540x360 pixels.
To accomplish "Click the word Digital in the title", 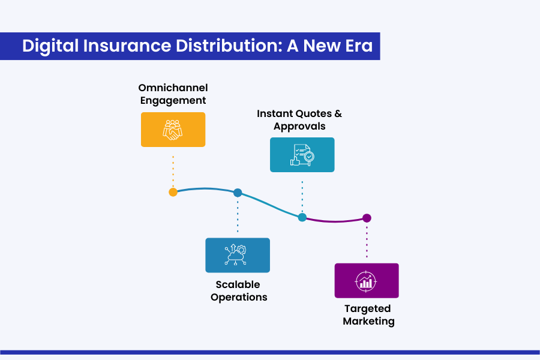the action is (x=50, y=46).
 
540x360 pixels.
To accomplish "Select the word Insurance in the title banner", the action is (x=127, y=46).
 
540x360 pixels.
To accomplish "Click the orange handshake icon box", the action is (x=173, y=130).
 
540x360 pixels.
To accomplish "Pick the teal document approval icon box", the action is (x=302, y=155).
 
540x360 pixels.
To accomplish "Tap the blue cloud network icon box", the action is (x=238, y=255).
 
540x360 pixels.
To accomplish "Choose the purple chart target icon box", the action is (x=367, y=281).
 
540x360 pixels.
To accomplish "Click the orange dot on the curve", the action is (x=173, y=192).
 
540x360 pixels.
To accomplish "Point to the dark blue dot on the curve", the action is (x=238, y=193).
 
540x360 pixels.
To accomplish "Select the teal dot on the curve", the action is (x=302, y=217).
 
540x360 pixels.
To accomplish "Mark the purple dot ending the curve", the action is (x=367, y=218).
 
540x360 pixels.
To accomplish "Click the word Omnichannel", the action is (x=173, y=88).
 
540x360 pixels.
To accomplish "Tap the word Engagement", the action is (x=173, y=101).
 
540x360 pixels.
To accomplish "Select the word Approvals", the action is (x=299, y=127).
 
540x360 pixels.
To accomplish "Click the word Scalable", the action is (x=238, y=284).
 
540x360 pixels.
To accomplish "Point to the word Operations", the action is (x=239, y=298).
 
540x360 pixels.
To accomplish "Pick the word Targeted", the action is (x=367, y=308).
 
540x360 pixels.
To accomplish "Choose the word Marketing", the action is (x=368, y=321).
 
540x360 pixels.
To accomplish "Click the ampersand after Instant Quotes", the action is (x=338, y=113).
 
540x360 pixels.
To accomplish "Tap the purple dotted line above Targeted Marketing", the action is (x=367, y=242).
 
